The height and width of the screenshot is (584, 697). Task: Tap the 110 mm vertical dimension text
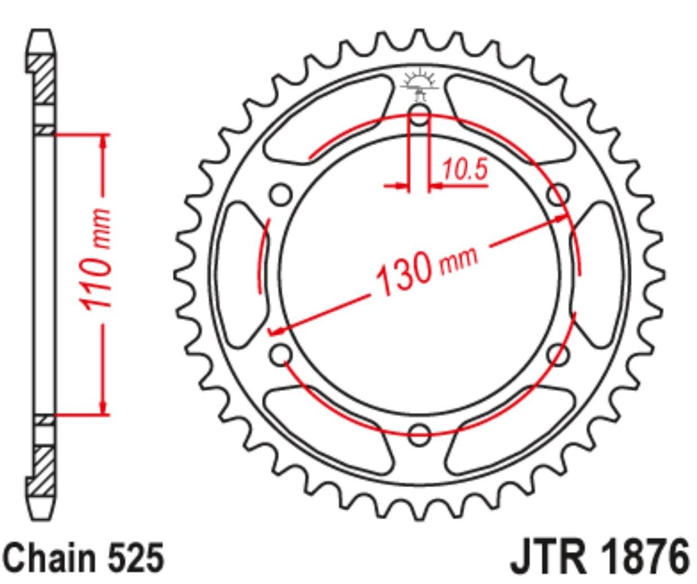pos(95,258)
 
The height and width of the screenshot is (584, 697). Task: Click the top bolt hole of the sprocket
pos(419,114)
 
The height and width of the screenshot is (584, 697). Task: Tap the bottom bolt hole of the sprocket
pos(419,435)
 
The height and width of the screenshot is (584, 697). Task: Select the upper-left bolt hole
pos(281,194)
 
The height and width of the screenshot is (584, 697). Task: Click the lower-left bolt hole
pos(281,354)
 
